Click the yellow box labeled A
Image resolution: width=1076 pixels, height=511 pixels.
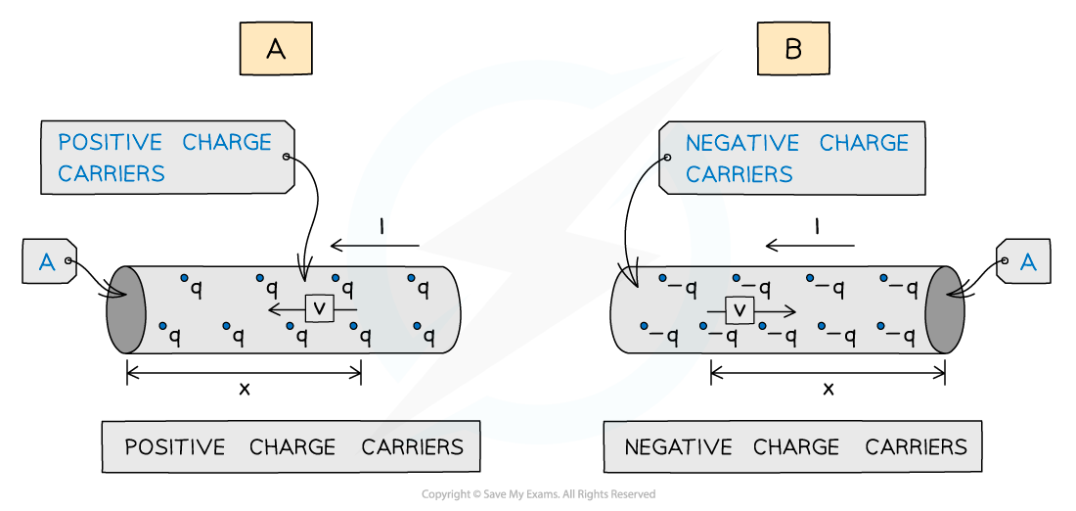coord(276,49)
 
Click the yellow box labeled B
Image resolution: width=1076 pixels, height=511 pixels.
coord(793,49)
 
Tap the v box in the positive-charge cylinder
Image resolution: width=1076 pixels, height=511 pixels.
coord(320,308)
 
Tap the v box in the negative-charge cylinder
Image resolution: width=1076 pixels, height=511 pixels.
coord(740,311)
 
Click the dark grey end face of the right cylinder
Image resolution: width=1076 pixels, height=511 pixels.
coord(945,309)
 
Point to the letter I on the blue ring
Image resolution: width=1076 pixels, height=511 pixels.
coord(381,231)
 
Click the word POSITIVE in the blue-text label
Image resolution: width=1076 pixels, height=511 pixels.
coord(110,142)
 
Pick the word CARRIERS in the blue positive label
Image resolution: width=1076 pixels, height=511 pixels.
coord(112,174)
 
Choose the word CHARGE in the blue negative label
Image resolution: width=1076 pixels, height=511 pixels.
coord(864,143)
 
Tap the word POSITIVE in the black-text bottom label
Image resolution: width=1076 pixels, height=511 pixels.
coord(175,447)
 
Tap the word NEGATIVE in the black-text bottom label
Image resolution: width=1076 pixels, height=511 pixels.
coord(678,447)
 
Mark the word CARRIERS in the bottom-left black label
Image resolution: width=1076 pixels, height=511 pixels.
coord(413,447)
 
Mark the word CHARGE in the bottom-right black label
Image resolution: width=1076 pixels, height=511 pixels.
coord(796,447)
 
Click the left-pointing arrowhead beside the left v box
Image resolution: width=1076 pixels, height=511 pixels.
coord(274,309)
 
